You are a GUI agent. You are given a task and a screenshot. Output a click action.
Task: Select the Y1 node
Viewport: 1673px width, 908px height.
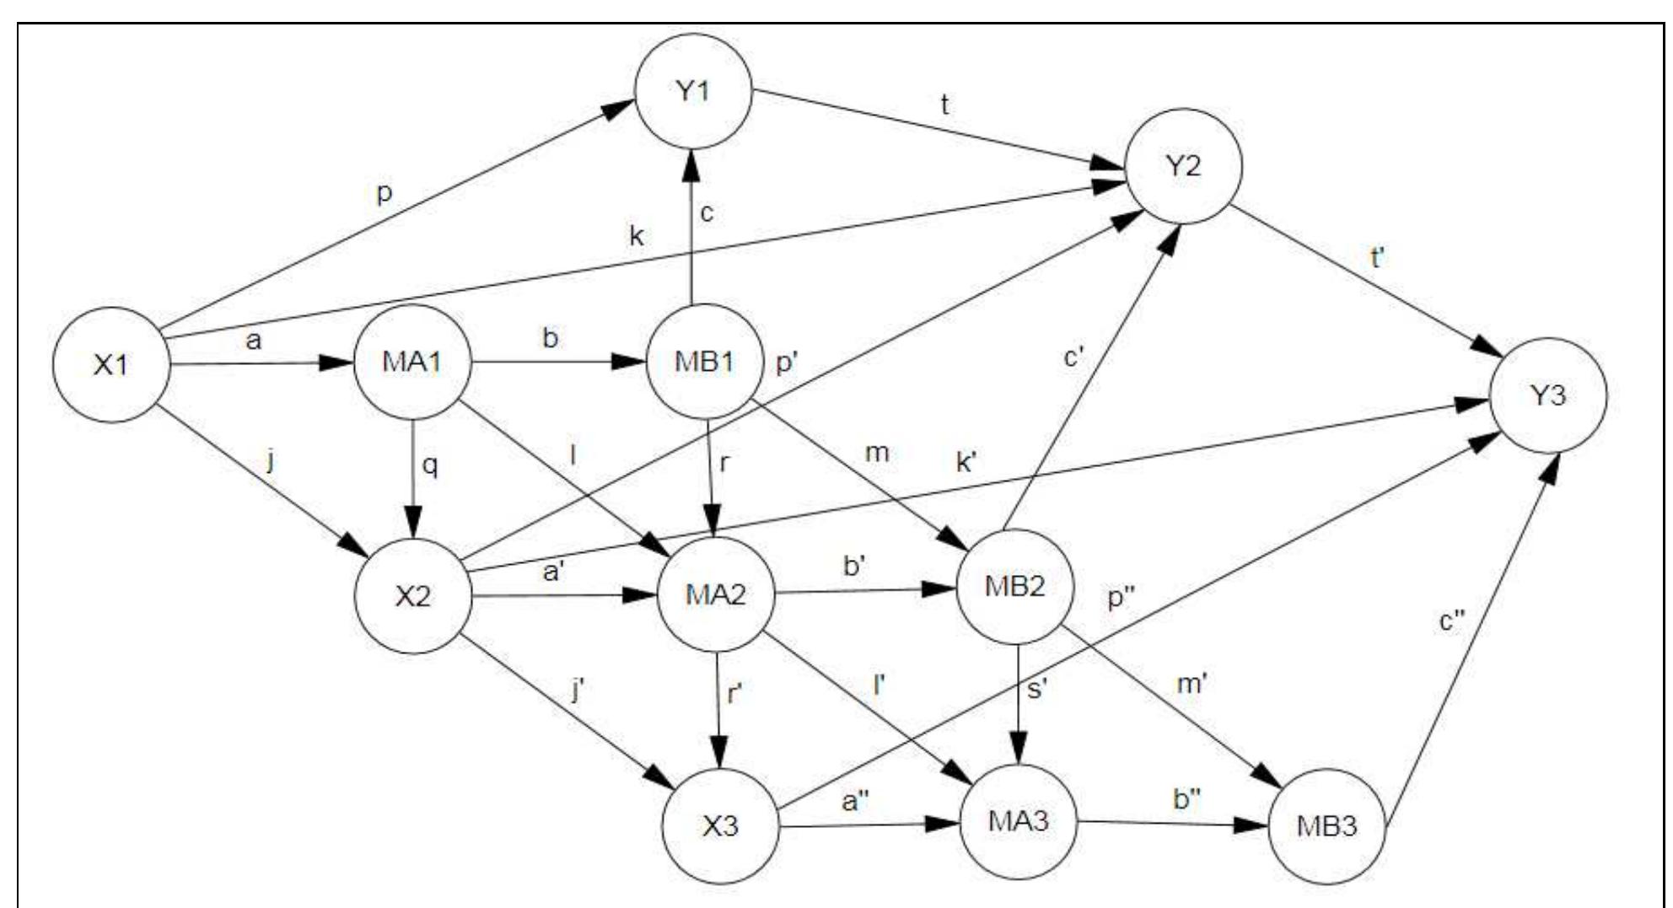693,91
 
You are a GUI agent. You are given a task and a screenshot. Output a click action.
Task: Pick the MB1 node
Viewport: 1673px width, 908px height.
704,362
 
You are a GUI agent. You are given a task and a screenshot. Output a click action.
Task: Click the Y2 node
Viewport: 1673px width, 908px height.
1184,166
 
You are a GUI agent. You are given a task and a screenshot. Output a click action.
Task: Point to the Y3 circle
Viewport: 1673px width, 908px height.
1548,395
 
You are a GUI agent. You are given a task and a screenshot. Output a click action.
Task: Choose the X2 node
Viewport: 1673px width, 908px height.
413,596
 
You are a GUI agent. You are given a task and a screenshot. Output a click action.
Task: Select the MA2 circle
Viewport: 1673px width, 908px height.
715,594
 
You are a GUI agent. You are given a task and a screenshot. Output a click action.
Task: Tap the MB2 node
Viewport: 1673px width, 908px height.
1015,586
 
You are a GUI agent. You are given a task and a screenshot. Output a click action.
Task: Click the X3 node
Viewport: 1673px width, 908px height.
720,825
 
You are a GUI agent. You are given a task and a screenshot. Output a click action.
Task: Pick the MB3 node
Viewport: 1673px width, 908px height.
1326,825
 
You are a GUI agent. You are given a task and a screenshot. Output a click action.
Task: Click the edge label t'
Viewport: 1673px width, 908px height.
1378,258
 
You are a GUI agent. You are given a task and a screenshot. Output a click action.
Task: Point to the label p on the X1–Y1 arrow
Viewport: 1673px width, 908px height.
385,194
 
